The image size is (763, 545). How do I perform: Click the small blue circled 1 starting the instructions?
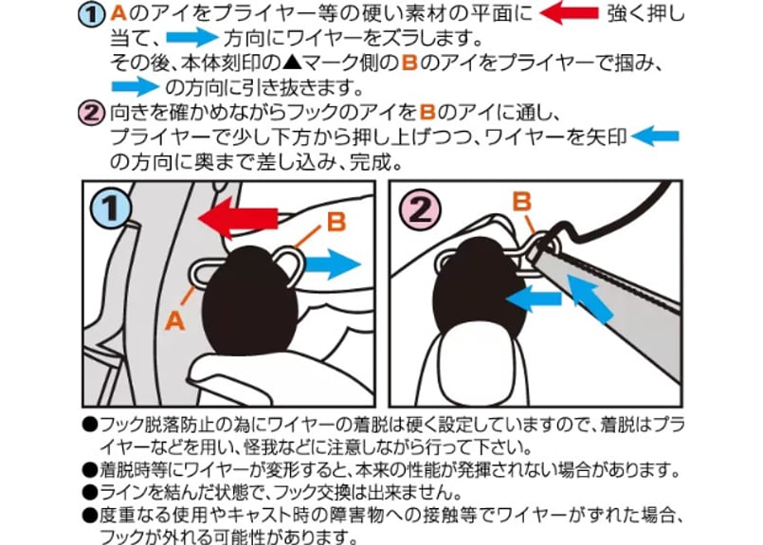tap(92, 14)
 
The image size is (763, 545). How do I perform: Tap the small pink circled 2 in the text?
tap(92, 114)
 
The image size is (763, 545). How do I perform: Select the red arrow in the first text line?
tap(570, 12)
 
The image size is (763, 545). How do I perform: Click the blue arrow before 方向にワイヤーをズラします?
tap(191, 38)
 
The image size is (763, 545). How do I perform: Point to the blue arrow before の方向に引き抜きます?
tap(136, 86)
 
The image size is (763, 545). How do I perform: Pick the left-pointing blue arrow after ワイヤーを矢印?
tap(655, 136)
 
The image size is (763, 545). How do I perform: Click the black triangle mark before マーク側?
tap(292, 64)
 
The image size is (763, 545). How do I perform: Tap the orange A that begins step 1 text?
tap(118, 13)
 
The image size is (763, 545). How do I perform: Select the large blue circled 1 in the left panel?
tap(112, 209)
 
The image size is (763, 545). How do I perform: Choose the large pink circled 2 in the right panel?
tap(420, 209)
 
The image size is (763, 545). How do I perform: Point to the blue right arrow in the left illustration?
tap(334, 264)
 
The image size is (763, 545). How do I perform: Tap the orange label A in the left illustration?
tap(175, 320)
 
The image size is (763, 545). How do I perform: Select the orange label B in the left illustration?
tap(336, 223)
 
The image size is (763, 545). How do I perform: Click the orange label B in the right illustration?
tap(521, 202)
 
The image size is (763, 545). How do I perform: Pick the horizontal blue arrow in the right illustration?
tap(534, 298)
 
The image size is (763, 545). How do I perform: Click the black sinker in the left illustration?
tap(249, 300)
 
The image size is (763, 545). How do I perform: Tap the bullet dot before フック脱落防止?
tap(90, 425)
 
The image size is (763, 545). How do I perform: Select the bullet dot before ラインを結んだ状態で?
tap(90, 493)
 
